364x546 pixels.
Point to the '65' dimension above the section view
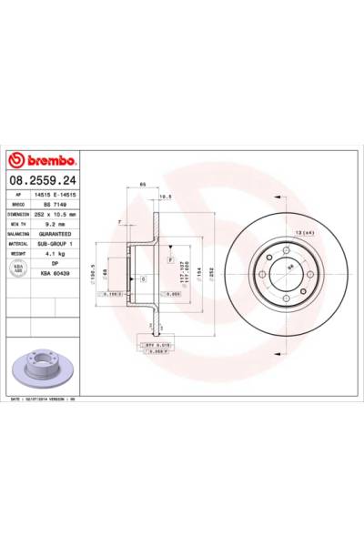click(x=143, y=185)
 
